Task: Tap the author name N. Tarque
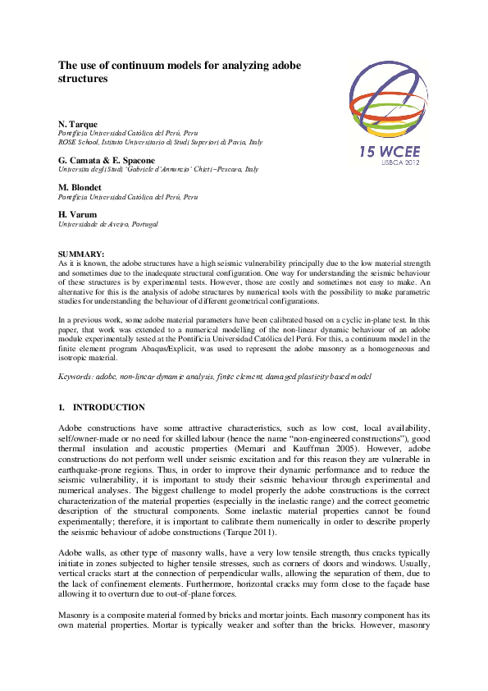click(x=78, y=124)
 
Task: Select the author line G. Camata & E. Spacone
click(x=106, y=159)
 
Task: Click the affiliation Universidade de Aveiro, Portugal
click(x=107, y=223)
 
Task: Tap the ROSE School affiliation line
click(x=160, y=142)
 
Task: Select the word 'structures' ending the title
click(x=83, y=80)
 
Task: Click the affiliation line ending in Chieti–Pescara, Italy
click(x=157, y=169)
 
